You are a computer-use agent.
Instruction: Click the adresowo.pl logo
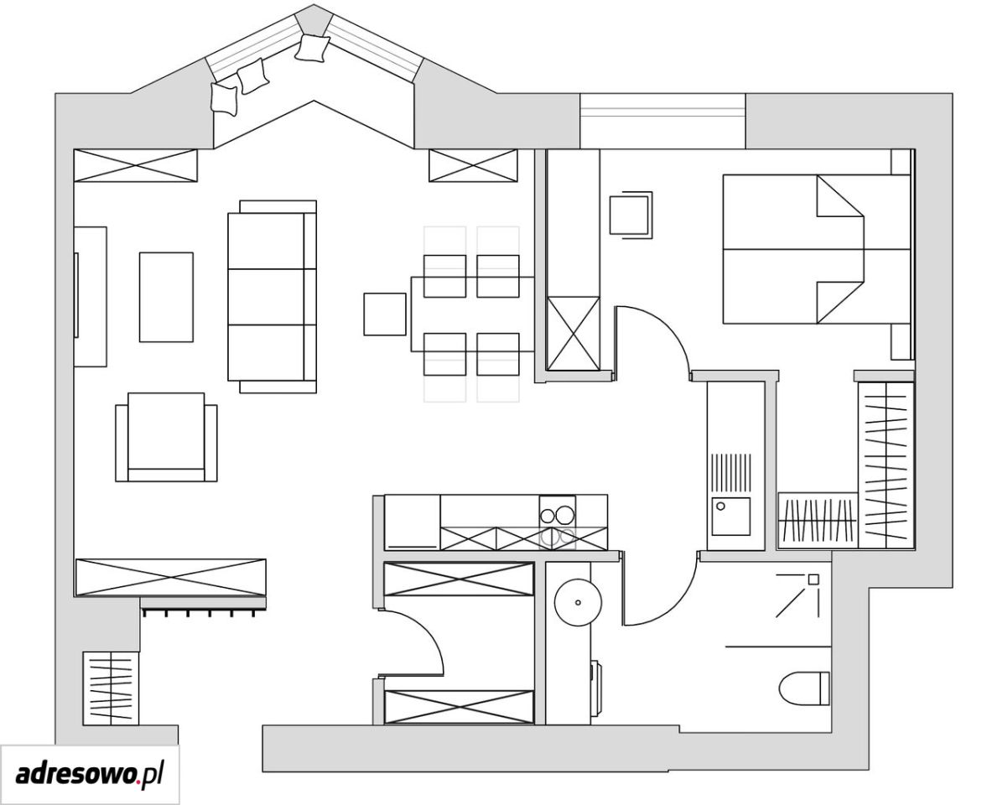pos(90,774)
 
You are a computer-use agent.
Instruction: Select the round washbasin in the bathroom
pos(577,602)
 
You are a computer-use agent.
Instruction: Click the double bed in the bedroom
pos(817,250)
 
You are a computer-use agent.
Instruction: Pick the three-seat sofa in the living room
pos(272,297)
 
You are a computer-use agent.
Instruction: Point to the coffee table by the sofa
pos(166,297)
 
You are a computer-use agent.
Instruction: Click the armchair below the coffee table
pos(166,438)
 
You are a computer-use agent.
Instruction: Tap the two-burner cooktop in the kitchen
pos(558,523)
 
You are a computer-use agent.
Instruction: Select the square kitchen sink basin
pos(730,516)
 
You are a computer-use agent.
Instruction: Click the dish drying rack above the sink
pos(730,472)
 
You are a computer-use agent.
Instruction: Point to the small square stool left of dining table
pos(385,314)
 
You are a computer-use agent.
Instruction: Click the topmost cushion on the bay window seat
pos(313,48)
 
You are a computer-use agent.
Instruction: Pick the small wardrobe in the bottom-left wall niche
pos(110,688)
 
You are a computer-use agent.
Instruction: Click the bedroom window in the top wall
pos(662,121)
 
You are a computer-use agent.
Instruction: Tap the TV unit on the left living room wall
pos(91,296)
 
